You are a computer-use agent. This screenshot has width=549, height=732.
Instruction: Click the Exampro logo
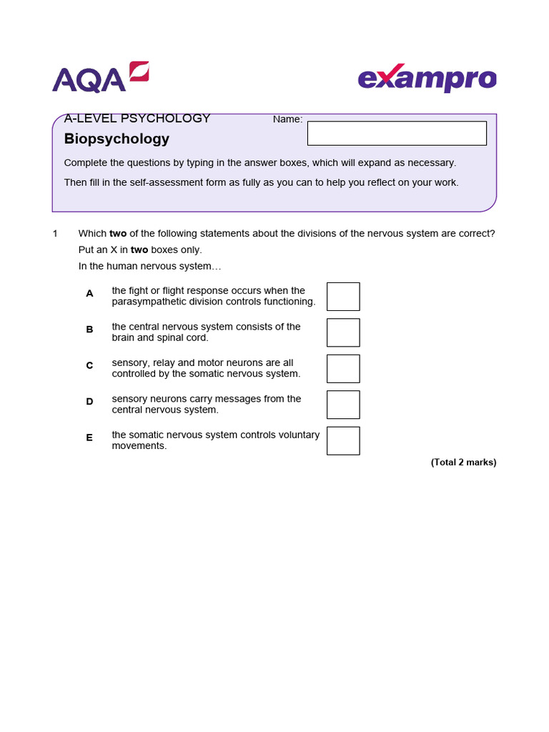(427, 79)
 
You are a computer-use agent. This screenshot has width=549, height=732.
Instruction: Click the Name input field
(397, 133)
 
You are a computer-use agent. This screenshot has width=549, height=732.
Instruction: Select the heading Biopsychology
(117, 139)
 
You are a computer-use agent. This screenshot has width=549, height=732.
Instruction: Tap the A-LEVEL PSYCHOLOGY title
(137, 119)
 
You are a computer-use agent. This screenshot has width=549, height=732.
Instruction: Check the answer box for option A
(343, 297)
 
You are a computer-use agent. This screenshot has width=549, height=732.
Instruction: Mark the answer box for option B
(343, 332)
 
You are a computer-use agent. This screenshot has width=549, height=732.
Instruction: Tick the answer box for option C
(343, 369)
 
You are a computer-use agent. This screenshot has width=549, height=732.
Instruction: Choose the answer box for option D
(343, 405)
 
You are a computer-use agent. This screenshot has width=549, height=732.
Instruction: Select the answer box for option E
(343, 440)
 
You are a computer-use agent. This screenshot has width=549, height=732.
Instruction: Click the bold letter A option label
(89, 293)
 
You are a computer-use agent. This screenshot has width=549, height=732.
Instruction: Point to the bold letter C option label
(89, 365)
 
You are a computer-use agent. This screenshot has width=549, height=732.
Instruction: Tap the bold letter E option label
(89, 437)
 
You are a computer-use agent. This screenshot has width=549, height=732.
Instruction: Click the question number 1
(54, 234)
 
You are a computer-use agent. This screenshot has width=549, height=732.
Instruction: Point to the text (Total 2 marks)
(463, 463)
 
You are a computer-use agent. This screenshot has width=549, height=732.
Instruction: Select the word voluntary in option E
(299, 435)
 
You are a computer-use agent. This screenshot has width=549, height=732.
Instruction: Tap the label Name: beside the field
(287, 119)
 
